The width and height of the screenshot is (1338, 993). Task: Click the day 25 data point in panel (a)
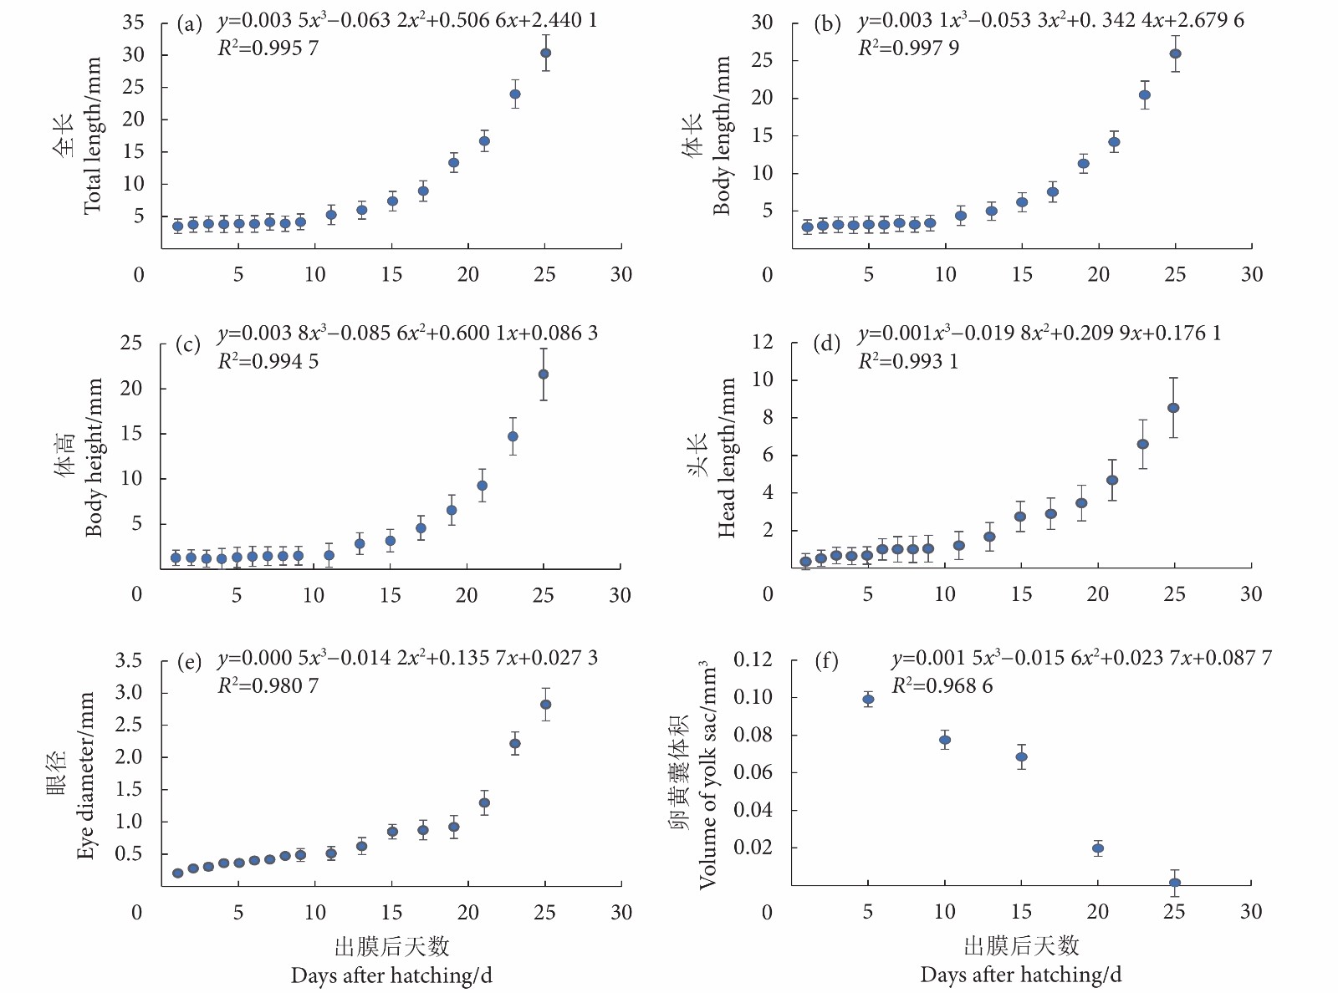(x=545, y=53)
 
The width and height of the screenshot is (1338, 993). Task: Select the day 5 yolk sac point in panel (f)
(x=868, y=700)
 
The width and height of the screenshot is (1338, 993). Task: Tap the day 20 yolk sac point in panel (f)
(x=1098, y=848)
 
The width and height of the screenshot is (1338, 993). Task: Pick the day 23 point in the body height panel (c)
(x=513, y=436)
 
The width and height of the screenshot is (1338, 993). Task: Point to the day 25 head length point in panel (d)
(x=1173, y=408)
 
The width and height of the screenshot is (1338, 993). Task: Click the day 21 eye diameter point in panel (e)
(x=484, y=802)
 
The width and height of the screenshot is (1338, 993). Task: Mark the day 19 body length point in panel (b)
(x=1083, y=164)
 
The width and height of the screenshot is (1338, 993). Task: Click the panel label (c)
(x=188, y=344)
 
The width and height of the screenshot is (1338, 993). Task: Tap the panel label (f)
(x=826, y=661)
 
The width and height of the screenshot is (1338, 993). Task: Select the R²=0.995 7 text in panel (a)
(x=268, y=48)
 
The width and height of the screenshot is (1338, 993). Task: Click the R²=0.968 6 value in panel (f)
(x=942, y=686)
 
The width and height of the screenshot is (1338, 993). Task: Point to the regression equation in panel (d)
(x=1039, y=334)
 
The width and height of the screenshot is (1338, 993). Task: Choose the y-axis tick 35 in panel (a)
(x=134, y=23)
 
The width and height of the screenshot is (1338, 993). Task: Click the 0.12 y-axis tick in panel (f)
(x=753, y=660)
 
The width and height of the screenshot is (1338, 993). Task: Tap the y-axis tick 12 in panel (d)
(x=762, y=342)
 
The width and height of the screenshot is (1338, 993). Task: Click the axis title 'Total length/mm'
(x=92, y=135)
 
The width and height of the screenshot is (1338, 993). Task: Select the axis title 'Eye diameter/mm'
(x=85, y=775)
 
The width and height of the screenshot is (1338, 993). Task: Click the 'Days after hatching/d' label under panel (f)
(x=1020, y=975)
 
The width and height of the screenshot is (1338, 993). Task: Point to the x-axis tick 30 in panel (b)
(x=1251, y=274)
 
